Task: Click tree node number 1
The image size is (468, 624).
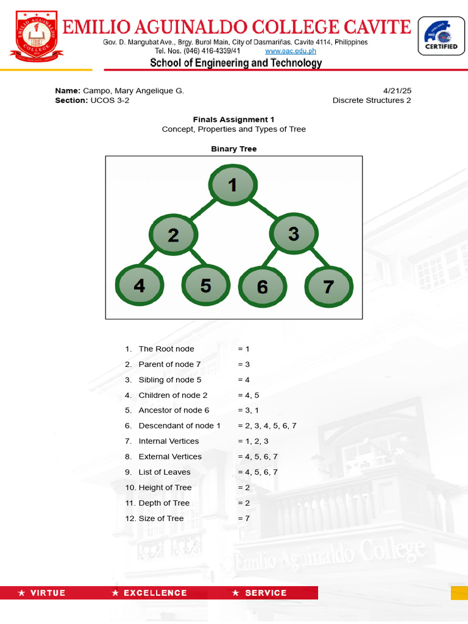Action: pyautogui.click(x=233, y=185)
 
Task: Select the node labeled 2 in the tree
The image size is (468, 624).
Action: pyautogui.click(x=174, y=235)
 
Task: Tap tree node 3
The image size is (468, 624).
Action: pyautogui.click(x=294, y=233)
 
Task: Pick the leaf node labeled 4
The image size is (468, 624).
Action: pyautogui.click(x=140, y=285)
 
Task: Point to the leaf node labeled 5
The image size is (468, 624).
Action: pyautogui.click(x=205, y=285)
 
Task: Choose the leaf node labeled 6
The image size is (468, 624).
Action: pyautogui.click(x=263, y=287)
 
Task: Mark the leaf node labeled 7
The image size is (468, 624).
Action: pyautogui.click(x=328, y=286)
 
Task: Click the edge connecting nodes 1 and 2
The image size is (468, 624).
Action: pyautogui.click(x=203, y=210)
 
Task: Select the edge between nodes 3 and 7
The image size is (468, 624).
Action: pyautogui.click(x=317, y=258)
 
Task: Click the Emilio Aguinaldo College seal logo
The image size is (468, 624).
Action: pyautogui.click(x=34, y=35)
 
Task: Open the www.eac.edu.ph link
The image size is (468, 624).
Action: pyautogui.click(x=291, y=51)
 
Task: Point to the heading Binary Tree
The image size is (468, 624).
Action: pyautogui.click(x=234, y=149)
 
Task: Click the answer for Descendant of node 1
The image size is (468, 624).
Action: pyautogui.click(x=267, y=425)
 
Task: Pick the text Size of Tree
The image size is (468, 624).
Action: pyautogui.click(x=161, y=519)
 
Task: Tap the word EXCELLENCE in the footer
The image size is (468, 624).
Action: pyautogui.click(x=155, y=593)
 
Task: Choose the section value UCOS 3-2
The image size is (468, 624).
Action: pyautogui.click(x=110, y=101)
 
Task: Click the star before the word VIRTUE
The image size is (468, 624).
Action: pyautogui.click(x=22, y=593)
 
